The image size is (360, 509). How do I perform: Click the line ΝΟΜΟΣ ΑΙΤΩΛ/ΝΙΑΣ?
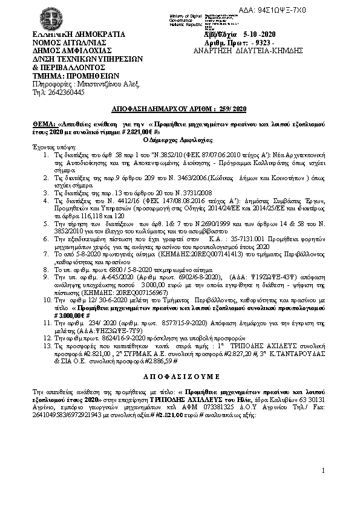coord(67,43)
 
